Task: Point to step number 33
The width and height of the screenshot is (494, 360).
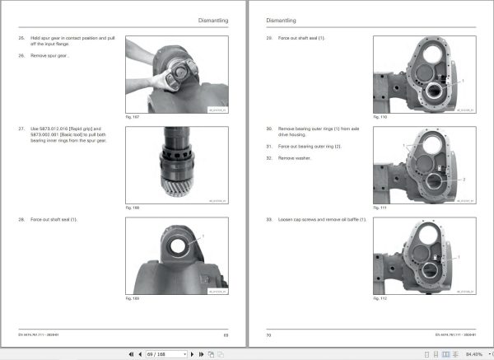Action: point(269,220)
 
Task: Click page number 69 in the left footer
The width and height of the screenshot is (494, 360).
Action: point(225,334)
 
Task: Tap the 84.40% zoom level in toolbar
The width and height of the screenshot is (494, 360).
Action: point(473,353)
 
